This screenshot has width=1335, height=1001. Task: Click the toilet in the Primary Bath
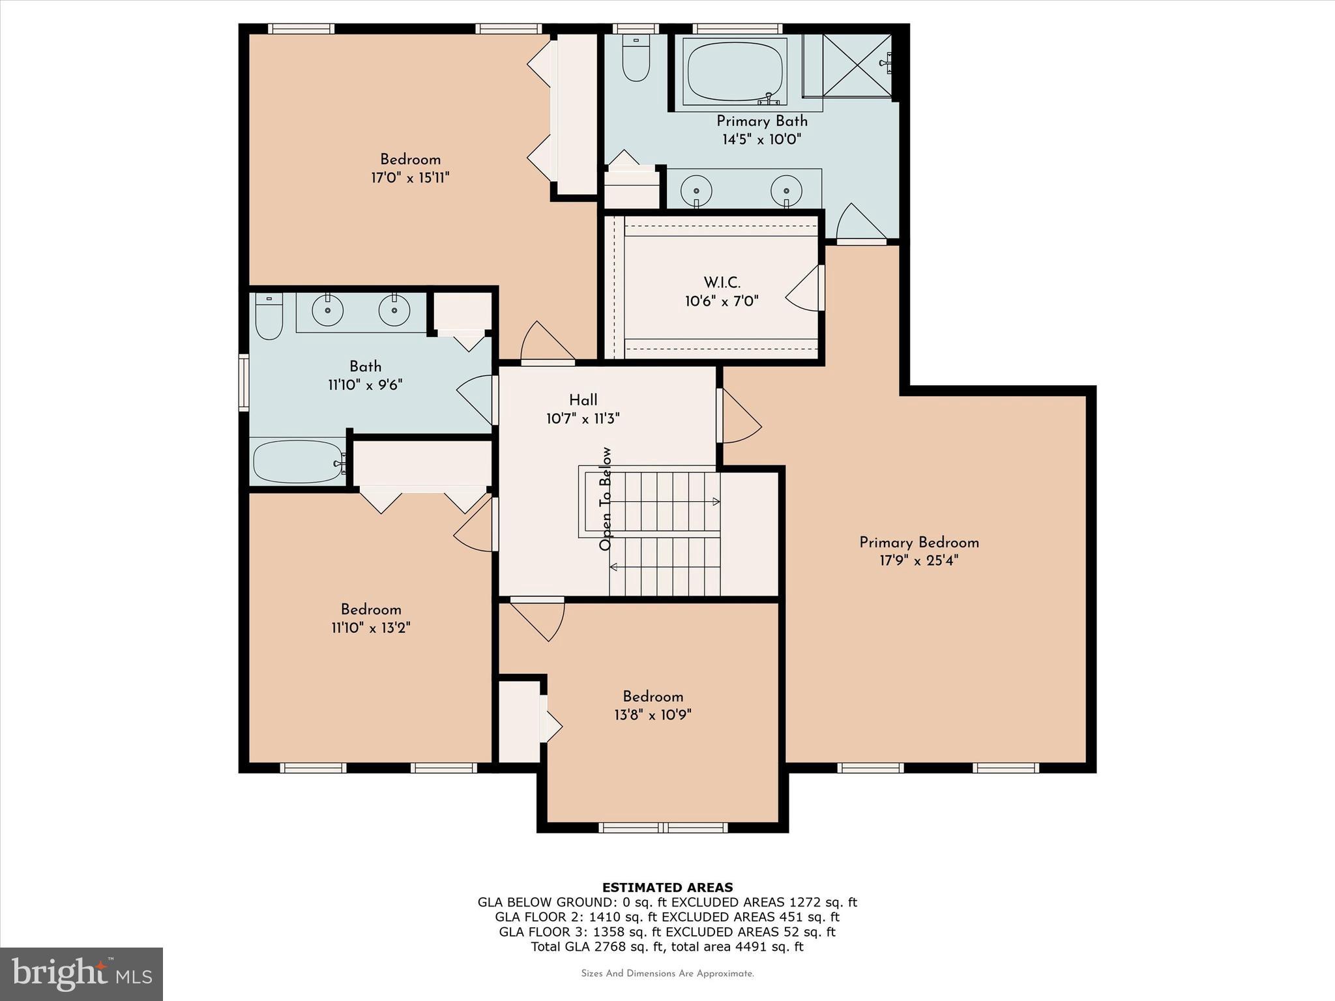pos(636,60)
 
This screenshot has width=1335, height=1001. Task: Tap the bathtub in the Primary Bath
pos(735,72)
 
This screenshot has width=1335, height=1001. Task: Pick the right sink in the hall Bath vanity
pos(394,311)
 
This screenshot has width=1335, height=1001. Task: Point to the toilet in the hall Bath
pos(269,318)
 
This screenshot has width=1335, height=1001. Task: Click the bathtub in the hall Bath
pos(298,462)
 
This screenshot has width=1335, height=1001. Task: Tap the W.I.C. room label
pos(722,283)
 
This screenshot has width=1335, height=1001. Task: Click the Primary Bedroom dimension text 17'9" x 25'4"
pos(918,560)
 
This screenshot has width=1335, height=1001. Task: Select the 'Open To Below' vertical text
pos(606,499)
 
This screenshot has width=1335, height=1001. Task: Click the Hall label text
pos(583,400)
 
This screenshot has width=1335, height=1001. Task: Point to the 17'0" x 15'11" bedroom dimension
pos(411,178)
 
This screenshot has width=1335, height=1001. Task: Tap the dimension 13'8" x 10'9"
pos(653,715)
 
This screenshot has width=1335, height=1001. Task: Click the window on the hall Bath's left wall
pos(244,383)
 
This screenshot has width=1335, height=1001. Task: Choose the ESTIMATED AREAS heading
pos(667,887)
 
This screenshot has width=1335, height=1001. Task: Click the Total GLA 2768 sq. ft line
pos(667,947)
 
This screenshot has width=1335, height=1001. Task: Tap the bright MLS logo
pos(81,974)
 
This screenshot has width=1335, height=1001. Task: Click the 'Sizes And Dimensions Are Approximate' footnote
pos(667,974)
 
